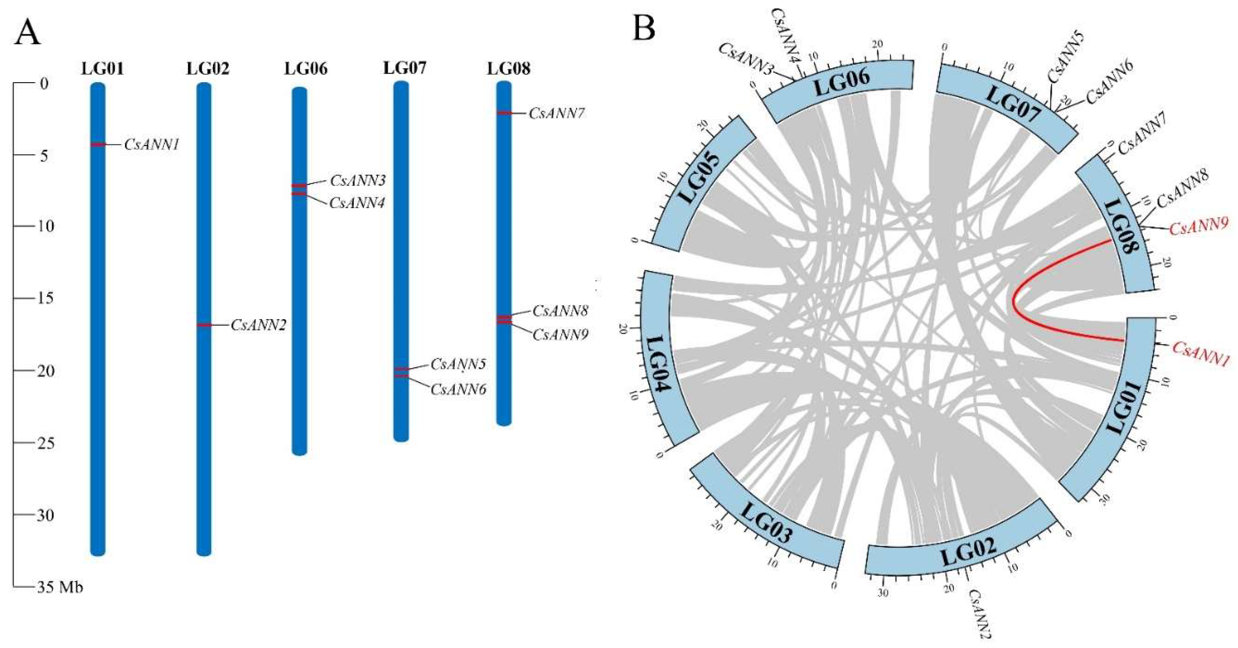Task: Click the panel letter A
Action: click(28, 32)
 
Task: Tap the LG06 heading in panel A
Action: click(306, 69)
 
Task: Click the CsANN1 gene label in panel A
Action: click(151, 145)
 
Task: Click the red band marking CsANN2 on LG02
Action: click(204, 325)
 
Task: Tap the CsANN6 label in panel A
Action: click(458, 389)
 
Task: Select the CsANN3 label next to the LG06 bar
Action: click(358, 181)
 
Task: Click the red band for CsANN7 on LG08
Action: click(504, 113)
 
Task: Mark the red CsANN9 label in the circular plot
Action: click(1199, 226)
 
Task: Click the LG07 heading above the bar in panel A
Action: click(404, 68)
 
